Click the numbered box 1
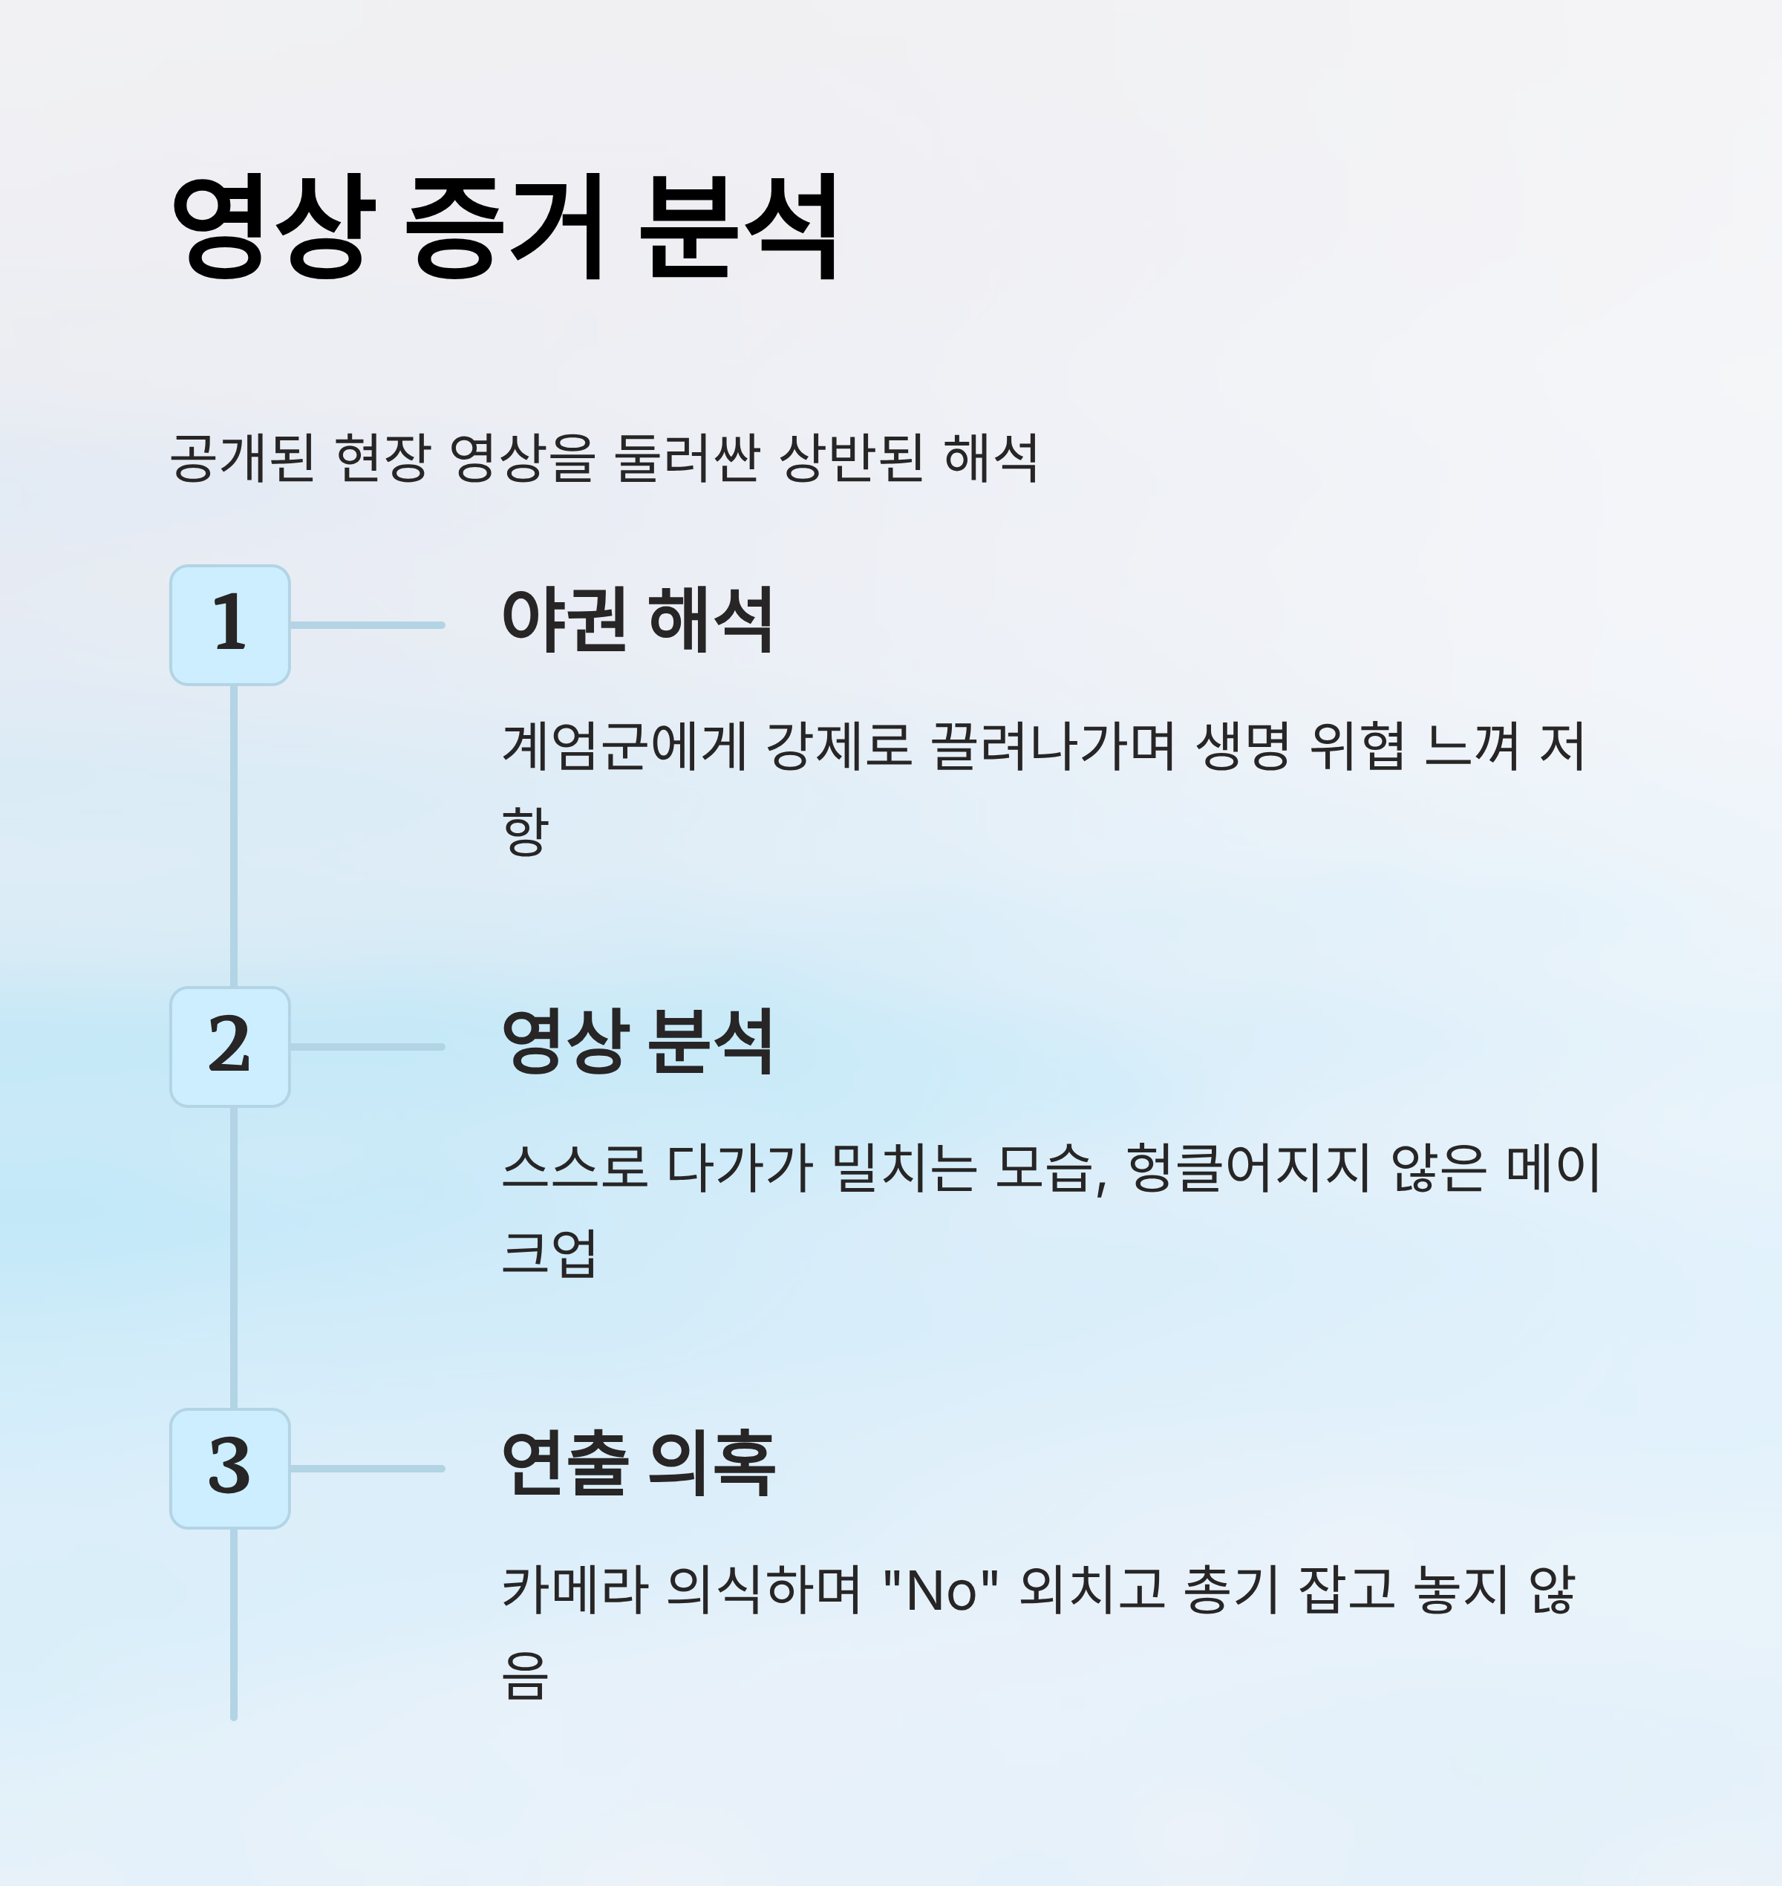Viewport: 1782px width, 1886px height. tap(230, 625)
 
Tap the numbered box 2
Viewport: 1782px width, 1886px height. tap(230, 1047)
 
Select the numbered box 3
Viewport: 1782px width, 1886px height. tap(230, 1469)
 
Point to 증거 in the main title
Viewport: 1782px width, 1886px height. tap(506, 227)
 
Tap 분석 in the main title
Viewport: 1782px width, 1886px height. tap(739, 227)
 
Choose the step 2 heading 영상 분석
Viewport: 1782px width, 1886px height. tap(637, 1042)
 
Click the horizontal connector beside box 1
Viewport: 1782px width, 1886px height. tap(367, 625)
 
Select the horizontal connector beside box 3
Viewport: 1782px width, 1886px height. tap(367, 1469)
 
